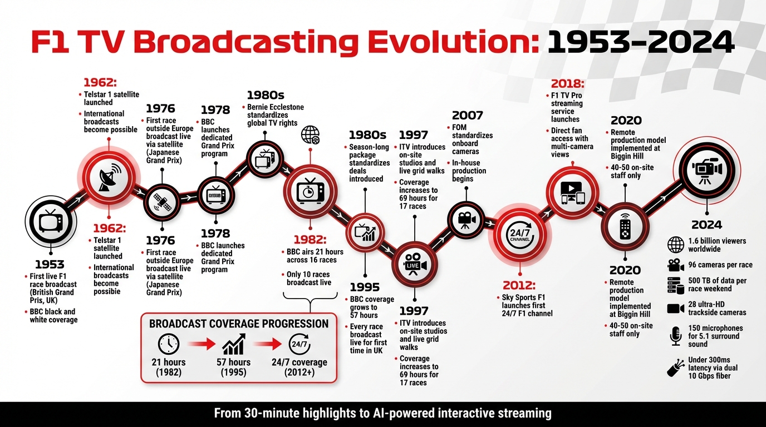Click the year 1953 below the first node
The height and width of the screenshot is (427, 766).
tap(50, 264)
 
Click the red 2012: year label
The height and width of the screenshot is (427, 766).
tap(518, 285)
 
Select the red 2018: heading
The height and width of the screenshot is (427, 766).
tap(567, 84)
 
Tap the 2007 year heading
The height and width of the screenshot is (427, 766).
tap(467, 116)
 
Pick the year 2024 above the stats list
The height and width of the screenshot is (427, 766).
tap(706, 225)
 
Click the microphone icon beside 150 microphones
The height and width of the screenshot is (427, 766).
tap(675, 336)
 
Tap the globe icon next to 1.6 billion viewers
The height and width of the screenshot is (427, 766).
tap(675, 245)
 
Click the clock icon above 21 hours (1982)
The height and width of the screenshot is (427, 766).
tap(168, 345)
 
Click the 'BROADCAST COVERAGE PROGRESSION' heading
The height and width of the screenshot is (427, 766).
tap(239, 324)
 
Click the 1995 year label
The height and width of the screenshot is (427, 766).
tap(365, 287)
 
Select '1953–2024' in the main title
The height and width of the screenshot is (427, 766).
tap(640, 43)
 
